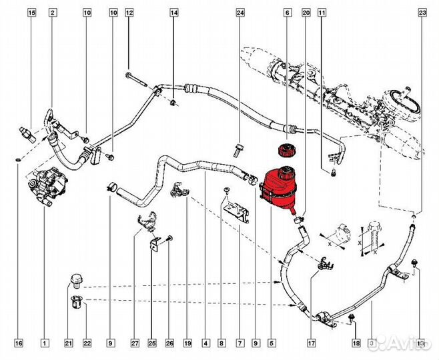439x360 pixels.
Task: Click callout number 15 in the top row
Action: coord(32,13)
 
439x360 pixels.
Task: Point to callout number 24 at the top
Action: coord(240,13)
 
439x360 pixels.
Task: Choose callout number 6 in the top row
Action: coord(287,13)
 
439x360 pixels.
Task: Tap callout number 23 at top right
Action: coord(422,13)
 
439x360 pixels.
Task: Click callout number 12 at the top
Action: coord(129,13)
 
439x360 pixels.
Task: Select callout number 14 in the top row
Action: coord(173,13)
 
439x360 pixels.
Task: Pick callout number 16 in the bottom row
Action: coord(19,344)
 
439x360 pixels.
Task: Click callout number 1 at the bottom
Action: coord(44,344)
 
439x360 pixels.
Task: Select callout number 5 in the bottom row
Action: coord(272,344)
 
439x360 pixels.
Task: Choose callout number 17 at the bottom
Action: coord(310,344)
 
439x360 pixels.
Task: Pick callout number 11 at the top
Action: coord(322,13)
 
